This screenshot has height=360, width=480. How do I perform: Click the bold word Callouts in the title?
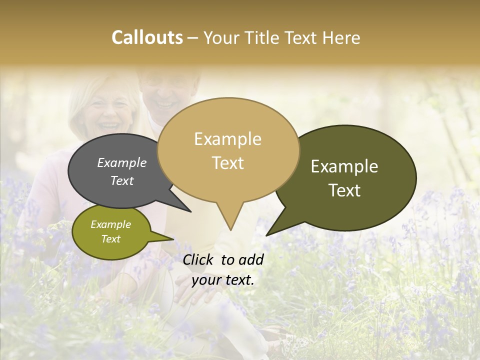coord(147,37)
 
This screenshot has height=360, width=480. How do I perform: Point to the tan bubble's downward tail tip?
coord(230,229)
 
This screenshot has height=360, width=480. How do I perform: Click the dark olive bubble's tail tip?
coord(267,235)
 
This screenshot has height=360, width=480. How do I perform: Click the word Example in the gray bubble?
coord(122,163)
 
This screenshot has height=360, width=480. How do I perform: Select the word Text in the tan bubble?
coord(228,163)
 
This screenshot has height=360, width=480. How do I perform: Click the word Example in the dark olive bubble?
coord(344,166)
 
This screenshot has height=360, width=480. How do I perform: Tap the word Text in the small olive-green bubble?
coord(110,239)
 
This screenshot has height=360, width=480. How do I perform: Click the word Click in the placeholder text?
coord(199,259)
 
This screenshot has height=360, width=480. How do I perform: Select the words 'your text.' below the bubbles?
coord(223,279)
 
